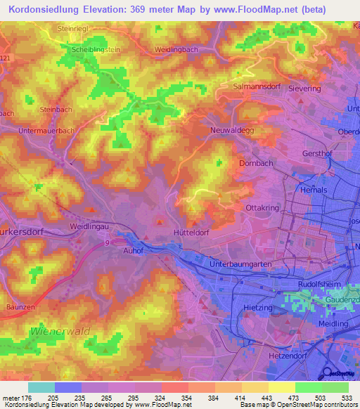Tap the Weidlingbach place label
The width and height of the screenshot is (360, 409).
177,50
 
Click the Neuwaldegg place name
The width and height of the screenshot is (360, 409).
231,130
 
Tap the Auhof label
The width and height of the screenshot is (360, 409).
132,248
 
